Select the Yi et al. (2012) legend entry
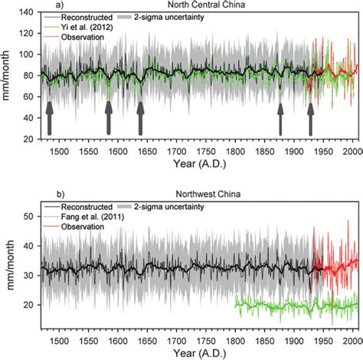(90, 28)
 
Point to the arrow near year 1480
(50, 118)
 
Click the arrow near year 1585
(108, 118)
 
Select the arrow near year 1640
(140, 118)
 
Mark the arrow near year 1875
(281, 119)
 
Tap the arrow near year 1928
(310, 119)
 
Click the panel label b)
(46, 196)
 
